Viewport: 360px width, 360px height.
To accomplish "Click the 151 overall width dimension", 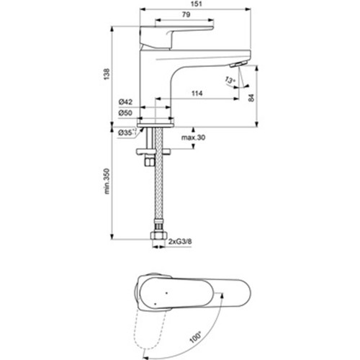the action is [x=197, y=4].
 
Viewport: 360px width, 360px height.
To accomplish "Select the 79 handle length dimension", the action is [x=186, y=14].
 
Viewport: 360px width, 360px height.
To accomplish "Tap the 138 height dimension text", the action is [x=107, y=74].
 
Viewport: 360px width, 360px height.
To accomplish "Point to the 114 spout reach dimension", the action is [x=197, y=93].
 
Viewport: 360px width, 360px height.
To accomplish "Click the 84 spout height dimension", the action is [x=251, y=98].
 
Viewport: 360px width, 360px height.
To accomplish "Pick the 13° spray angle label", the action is [x=230, y=80].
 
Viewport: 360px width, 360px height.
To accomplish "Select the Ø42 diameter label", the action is [x=125, y=102].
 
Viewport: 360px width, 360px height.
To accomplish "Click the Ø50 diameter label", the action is [x=125, y=112].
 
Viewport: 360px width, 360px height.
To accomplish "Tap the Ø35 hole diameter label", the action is [x=127, y=132].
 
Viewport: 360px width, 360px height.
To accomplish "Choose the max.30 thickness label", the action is [x=193, y=138].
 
